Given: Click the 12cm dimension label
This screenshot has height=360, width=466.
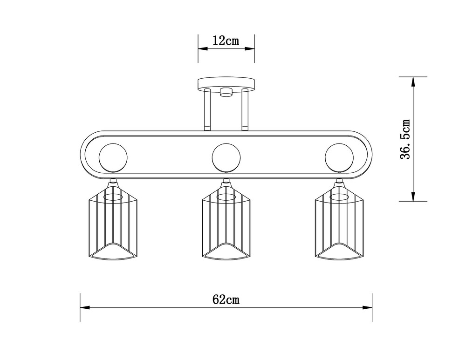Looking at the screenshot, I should [x=226, y=41].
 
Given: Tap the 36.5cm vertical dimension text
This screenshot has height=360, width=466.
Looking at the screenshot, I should [x=405, y=139].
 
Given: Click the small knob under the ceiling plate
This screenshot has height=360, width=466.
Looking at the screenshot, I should [x=226, y=92].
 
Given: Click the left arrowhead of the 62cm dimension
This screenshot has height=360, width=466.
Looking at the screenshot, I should [x=84, y=307].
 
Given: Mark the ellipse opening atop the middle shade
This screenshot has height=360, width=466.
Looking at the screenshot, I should [x=226, y=197].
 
